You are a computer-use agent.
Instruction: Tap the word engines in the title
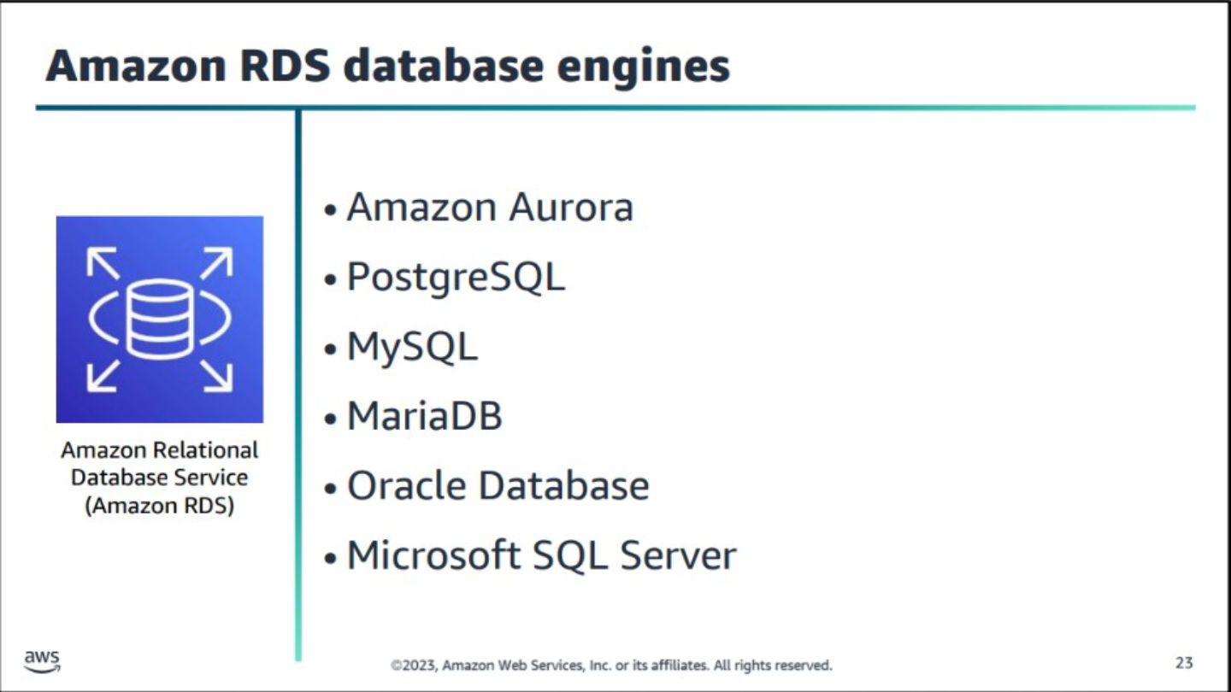click(x=644, y=67)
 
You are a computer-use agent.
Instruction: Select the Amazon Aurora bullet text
click(x=490, y=208)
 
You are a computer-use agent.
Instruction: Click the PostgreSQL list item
click(x=456, y=278)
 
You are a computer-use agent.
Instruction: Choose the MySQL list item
click(x=413, y=347)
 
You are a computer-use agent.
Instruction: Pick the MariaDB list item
click(x=425, y=416)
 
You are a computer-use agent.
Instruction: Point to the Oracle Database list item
click(x=498, y=485)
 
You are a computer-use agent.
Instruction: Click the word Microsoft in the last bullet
click(x=434, y=554)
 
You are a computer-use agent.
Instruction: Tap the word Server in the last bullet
click(x=678, y=555)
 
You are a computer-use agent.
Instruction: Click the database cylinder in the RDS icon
click(x=160, y=320)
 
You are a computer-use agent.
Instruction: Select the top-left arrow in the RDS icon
click(x=103, y=262)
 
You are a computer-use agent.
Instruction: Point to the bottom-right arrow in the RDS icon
click(x=217, y=376)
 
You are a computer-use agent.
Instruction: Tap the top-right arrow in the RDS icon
click(x=217, y=262)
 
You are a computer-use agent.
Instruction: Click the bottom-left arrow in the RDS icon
click(x=103, y=376)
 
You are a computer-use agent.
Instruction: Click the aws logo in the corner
click(x=43, y=661)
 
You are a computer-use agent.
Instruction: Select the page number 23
click(x=1184, y=663)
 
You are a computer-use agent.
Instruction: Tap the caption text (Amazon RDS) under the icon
click(x=159, y=505)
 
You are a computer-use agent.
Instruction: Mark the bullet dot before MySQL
click(x=330, y=349)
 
